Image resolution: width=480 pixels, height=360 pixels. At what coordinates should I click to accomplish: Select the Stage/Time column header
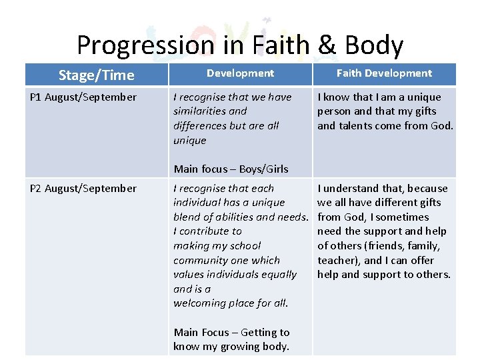click(96, 75)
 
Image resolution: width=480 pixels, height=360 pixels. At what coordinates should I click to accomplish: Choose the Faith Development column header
click(384, 73)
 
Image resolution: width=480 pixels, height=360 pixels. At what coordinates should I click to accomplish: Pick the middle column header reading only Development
click(240, 73)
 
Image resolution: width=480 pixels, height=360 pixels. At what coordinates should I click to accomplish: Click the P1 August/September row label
click(83, 97)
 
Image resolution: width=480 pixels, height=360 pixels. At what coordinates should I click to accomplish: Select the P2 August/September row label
click(83, 189)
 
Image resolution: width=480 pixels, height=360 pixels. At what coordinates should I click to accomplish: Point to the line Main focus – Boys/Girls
click(231, 169)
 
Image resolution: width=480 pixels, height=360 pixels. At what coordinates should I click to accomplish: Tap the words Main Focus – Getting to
click(231, 332)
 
